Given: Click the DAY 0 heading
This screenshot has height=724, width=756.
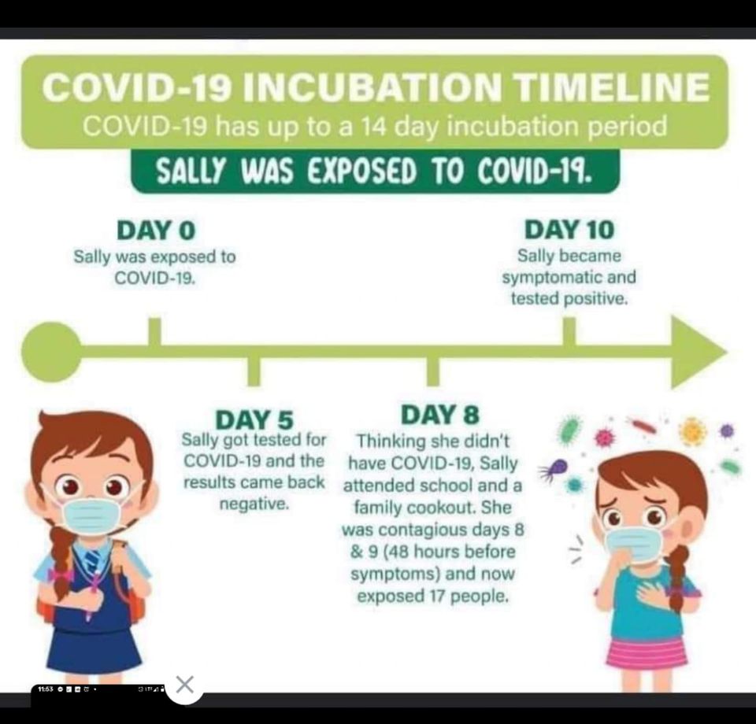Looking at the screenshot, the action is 156,230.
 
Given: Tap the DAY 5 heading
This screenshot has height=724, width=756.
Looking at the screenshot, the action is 254,419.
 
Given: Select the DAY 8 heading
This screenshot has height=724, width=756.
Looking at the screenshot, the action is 440,415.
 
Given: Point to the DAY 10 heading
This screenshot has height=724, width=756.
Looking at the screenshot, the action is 569,229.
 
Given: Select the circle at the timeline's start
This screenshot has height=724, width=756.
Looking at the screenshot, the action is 51,352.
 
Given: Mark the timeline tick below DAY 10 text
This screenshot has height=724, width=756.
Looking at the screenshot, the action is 569,331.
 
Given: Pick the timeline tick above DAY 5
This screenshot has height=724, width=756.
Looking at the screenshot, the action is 254,371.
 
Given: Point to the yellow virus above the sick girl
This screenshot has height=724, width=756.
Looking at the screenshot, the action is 692,430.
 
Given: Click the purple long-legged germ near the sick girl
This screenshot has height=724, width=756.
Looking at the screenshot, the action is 554,469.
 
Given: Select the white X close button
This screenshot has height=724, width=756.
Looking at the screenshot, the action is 185,684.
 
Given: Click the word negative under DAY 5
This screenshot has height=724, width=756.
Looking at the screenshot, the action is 254,504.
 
